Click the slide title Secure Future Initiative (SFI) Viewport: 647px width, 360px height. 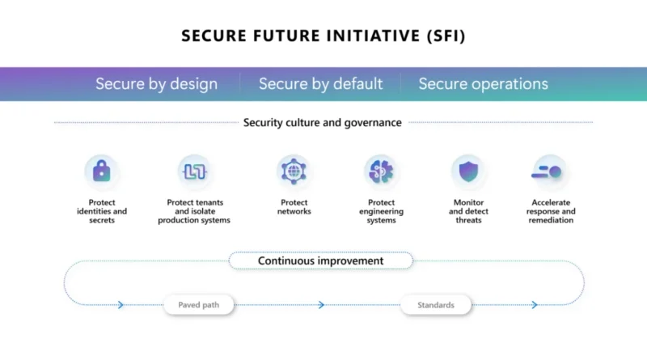(323, 36)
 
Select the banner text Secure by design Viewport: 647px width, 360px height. (156, 84)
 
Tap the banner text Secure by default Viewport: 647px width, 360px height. (320, 84)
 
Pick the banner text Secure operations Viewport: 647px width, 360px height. (483, 84)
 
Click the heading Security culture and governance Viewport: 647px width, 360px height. (322, 123)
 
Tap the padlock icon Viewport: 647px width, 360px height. (102, 171)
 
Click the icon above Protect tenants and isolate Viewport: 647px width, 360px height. (195, 172)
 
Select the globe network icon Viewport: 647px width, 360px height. (294, 171)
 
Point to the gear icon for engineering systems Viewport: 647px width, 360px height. (381, 171)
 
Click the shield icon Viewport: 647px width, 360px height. (468, 172)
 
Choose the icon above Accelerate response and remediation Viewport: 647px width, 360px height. (547, 172)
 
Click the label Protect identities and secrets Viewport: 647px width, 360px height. (102, 211)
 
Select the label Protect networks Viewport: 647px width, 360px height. (294, 207)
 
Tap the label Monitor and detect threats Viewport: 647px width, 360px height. (468, 211)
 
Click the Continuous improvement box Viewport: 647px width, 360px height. (320, 261)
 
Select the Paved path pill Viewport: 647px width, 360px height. (198, 305)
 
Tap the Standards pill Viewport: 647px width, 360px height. (436, 305)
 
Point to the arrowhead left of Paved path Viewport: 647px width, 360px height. (121, 305)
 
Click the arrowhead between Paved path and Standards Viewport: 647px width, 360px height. (321, 305)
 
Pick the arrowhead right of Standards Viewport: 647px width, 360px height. (535, 305)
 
